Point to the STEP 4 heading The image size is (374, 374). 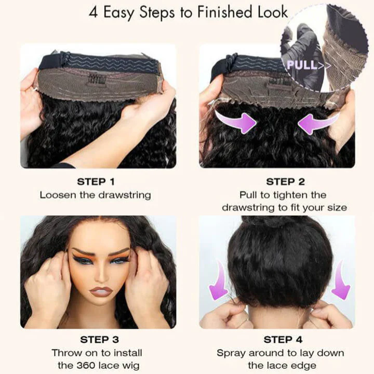tap(284, 340)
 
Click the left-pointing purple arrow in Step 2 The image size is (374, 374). tap(316, 124)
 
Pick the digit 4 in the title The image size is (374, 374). tap(94, 13)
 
